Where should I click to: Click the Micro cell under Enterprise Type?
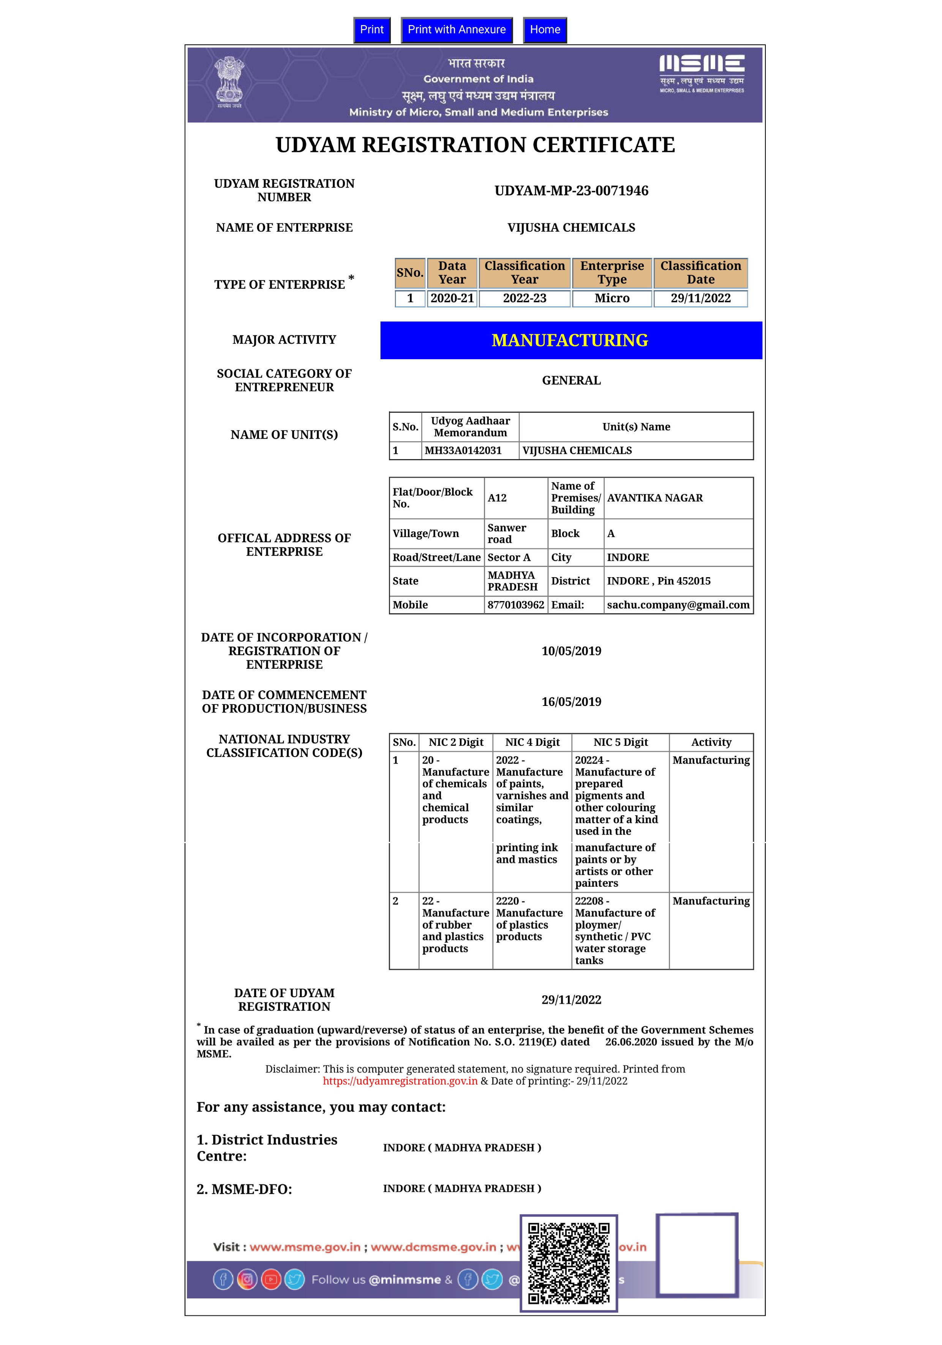coord(612,298)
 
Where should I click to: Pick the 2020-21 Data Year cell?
coord(452,298)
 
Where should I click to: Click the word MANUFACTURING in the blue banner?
coord(569,340)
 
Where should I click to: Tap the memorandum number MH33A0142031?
coord(463,450)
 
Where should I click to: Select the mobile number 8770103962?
coord(515,605)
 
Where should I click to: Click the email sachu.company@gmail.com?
coord(678,605)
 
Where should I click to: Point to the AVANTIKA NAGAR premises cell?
coord(654,498)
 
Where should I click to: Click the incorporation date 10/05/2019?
coord(571,651)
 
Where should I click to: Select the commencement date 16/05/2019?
coord(571,702)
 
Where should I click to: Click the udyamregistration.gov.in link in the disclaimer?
coord(400,1081)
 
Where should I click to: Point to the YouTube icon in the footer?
coord(271,1279)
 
